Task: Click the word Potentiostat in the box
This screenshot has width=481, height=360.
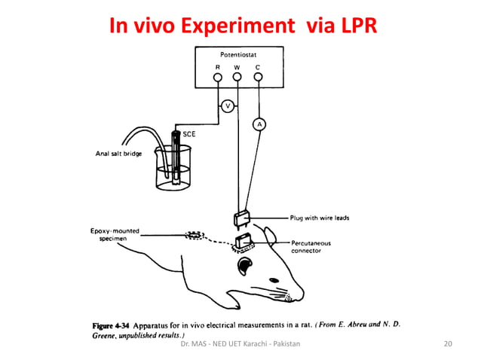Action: (237, 55)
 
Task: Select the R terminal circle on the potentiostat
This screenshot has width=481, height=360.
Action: (217, 77)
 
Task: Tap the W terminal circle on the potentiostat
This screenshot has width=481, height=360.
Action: (237, 77)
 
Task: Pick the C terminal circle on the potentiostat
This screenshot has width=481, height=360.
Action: (258, 77)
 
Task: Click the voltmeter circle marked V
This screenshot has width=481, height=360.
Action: (228, 106)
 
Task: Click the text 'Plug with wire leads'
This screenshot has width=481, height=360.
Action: (320, 218)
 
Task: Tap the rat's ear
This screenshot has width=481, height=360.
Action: (247, 265)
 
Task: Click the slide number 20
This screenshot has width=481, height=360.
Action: (448, 344)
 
